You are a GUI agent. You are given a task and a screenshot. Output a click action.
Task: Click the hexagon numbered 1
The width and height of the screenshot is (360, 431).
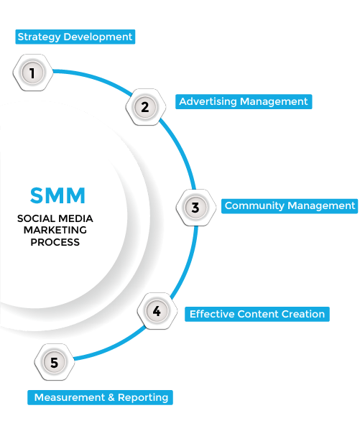coord(33,73)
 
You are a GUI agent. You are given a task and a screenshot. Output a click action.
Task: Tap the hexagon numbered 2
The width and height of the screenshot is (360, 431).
coord(145,107)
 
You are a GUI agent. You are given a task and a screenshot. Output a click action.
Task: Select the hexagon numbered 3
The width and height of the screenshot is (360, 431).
coord(196,208)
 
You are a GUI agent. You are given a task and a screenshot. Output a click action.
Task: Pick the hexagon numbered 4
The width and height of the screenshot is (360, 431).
coord(157,311)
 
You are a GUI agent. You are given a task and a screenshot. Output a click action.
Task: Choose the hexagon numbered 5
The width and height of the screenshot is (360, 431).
coord(55,362)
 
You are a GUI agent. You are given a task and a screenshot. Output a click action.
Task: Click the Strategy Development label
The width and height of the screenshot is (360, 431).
coord(75,37)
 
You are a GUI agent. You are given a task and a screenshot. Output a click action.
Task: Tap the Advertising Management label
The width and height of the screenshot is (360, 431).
coord(244,101)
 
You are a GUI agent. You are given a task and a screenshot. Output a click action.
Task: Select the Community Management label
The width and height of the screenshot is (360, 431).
coord(290,206)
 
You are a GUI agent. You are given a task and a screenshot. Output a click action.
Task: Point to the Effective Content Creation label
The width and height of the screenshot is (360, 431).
coord(257,314)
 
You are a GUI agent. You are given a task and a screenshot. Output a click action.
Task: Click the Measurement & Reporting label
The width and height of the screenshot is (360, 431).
coord(100,397)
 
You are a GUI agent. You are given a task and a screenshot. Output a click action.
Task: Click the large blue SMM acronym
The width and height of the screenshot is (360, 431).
coord(57,195)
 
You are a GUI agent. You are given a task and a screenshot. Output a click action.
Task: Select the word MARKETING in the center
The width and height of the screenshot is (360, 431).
coord(55,230)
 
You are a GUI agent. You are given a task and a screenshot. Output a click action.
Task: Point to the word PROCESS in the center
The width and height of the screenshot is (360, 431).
coord(55,242)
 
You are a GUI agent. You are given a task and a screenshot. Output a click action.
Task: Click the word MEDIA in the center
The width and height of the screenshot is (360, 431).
coord(76,218)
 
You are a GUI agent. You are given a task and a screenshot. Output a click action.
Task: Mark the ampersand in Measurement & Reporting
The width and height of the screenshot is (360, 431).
coord(111,397)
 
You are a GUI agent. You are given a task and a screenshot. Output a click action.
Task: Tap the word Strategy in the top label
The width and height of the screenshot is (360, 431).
coord(39,37)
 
